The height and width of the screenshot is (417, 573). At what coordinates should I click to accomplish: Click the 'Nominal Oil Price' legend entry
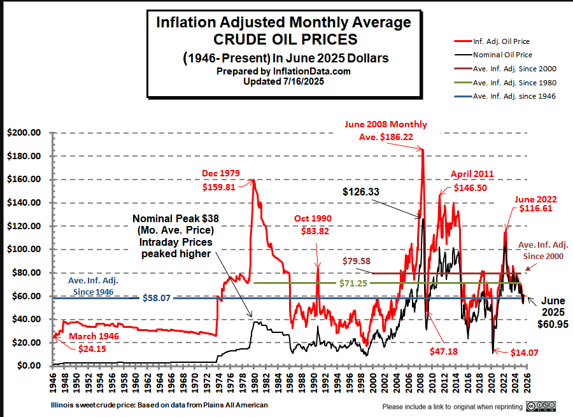click(x=507, y=55)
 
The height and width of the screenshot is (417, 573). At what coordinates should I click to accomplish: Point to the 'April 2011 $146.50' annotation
click(x=472, y=181)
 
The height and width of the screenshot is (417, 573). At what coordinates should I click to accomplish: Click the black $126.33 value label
click(x=361, y=191)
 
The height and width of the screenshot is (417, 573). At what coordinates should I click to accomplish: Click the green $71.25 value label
click(x=351, y=283)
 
